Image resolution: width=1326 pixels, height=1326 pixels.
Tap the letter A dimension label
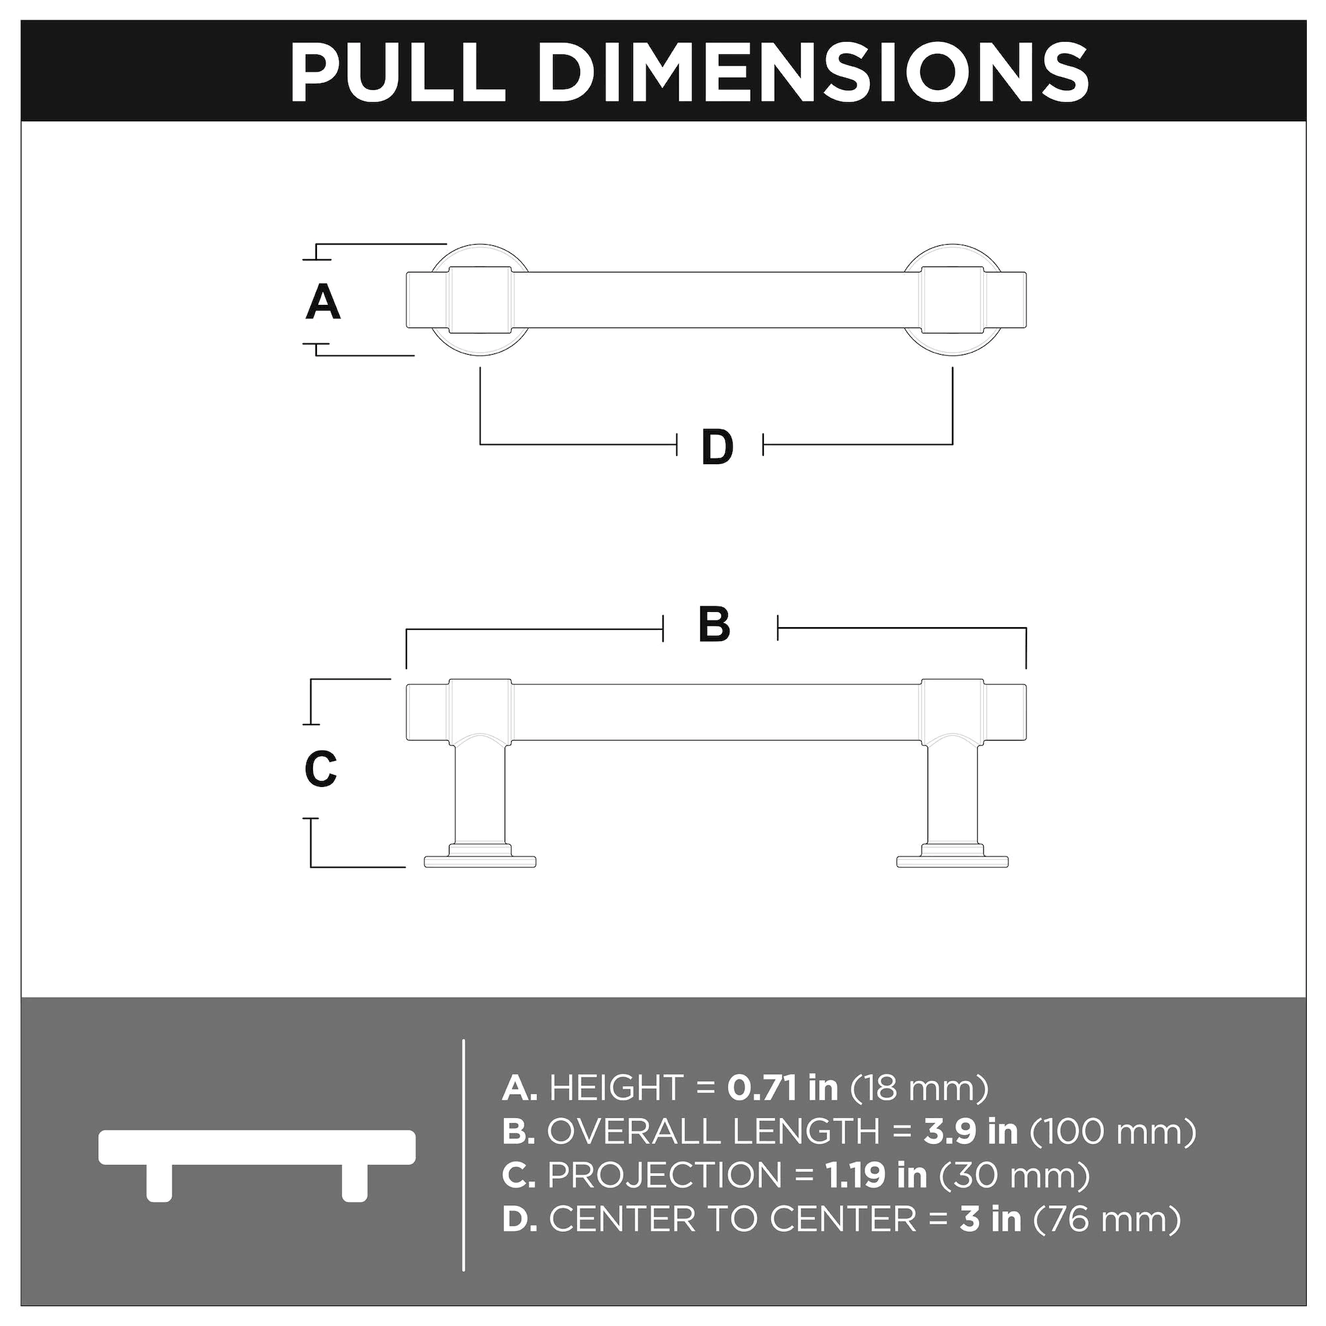[323, 303]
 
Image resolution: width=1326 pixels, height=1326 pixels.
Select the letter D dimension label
[717, 448]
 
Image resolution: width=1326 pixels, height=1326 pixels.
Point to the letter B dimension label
[715, 625]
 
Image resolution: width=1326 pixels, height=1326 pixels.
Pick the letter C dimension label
[320, 770]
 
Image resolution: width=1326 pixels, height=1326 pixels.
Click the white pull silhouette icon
[257, 1156]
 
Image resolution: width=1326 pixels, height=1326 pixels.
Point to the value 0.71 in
[782, 1088]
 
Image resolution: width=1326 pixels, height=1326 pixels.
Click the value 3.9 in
[971, 1132]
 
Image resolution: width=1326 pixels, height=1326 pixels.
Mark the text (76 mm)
[1107, 1220]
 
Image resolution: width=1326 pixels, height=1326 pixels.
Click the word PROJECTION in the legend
[665, 1175]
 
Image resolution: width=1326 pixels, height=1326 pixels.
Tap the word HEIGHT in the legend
[617, 1088]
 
